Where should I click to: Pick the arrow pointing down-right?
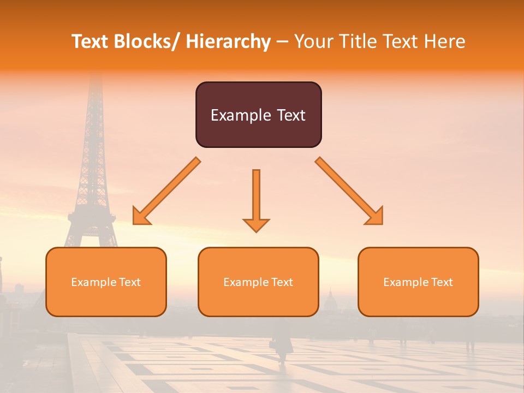349,191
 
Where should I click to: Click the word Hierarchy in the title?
229,41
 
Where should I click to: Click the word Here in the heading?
445,41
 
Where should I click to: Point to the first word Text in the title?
90,41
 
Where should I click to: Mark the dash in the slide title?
282,42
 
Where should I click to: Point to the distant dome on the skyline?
329,300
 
